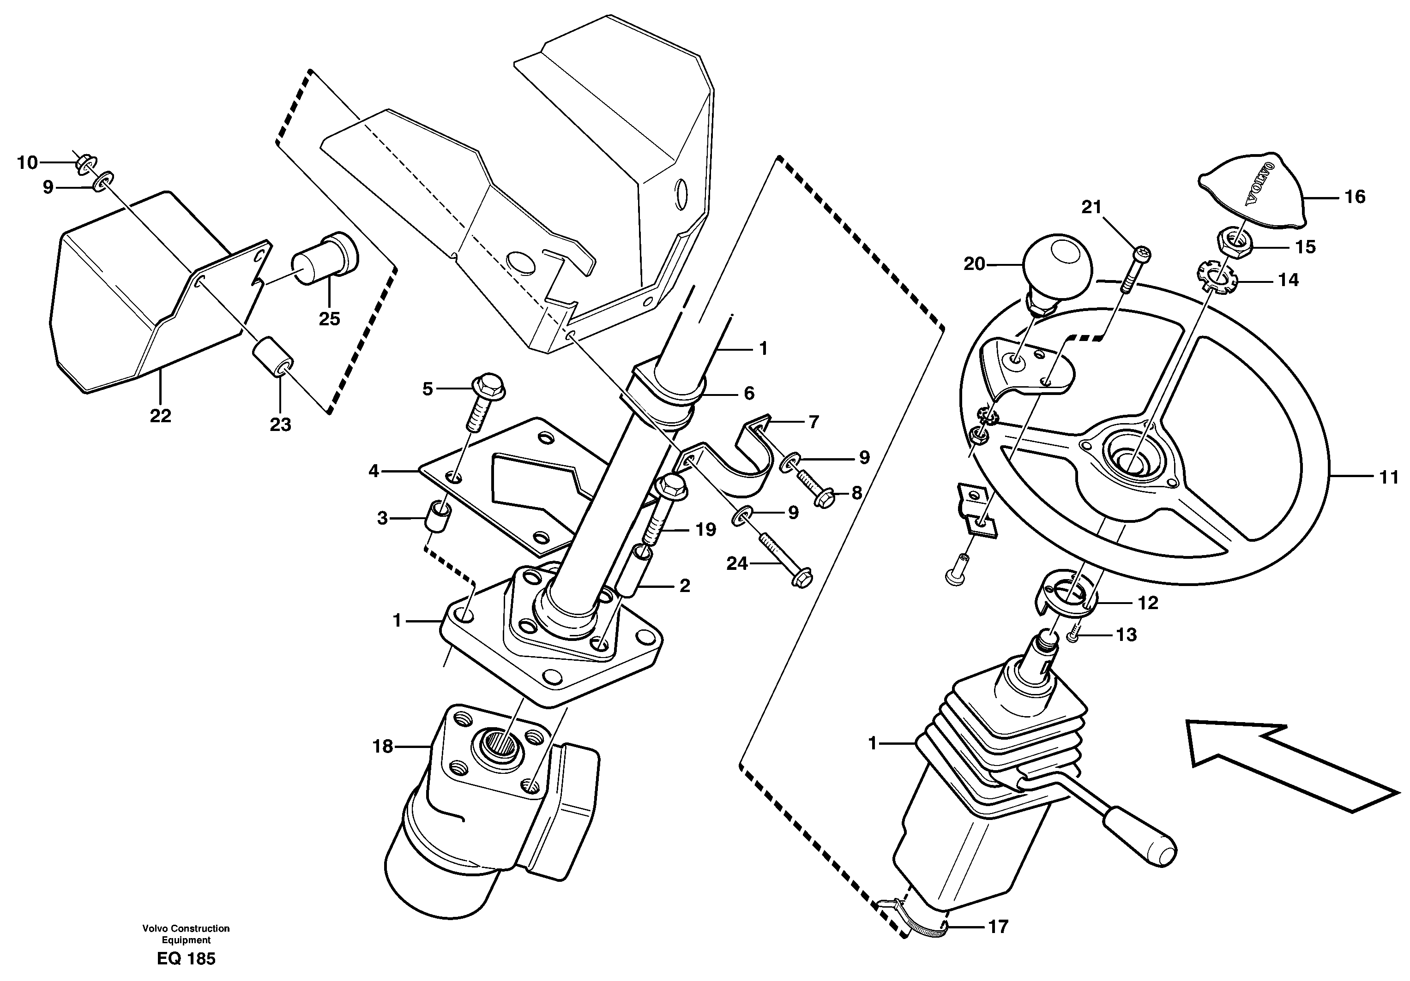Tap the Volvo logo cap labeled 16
(1250, 188)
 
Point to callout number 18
(383, 747)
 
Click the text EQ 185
(186, 959)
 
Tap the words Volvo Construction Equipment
(186, 934)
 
